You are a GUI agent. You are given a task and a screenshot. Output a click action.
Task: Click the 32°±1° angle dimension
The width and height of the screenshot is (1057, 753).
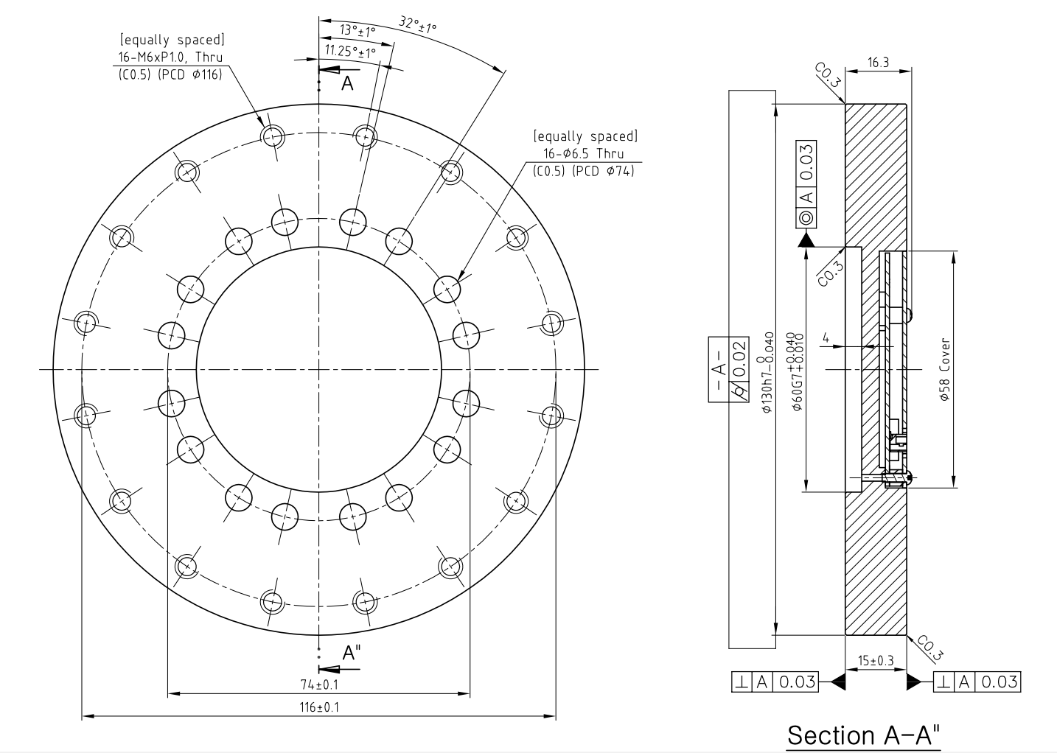pyautogui.click(x=418, y=24)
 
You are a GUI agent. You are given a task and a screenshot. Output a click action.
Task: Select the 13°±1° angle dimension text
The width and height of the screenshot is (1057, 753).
pyautogui.click(x=357, y=31)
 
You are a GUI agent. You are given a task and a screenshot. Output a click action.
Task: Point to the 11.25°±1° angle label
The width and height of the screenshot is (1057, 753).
pyautogui.click(x=350, y=51)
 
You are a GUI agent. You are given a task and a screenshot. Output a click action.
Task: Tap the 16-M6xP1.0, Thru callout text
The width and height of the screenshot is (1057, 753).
pyautogui.click(x=170, y=57)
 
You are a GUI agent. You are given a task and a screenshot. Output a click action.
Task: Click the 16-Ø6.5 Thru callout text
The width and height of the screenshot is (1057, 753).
pyautogui.click(x=584, y=153)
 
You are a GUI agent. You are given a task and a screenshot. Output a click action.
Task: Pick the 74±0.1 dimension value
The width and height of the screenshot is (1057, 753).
pyautogui.click(x=319, y=684)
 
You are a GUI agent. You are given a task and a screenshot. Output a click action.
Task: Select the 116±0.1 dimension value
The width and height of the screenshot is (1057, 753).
pyautogui.click(x=319, y=707)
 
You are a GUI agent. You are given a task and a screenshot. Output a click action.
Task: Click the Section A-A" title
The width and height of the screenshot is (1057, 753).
pyautogui.click(x=864, y=735)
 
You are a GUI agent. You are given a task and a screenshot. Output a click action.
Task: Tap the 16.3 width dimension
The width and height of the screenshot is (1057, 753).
pyautogui.click(x=878, y=63)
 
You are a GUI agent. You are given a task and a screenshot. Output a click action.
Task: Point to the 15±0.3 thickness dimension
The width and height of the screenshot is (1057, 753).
pyautogui.click(x=876, y=660)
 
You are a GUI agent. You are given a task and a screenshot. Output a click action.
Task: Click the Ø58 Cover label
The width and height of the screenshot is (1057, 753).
pyautogui.click(x=944, y=369)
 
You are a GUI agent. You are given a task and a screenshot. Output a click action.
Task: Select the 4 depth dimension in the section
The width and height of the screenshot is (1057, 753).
pyautogui.click(x=826, y=337)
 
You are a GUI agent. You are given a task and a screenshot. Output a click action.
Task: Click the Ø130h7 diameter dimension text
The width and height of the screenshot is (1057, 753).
pyautogui.click(x=768, y=372)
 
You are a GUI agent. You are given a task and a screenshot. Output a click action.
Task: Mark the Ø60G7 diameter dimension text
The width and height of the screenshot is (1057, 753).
pyautogui.click(x=796, y=371)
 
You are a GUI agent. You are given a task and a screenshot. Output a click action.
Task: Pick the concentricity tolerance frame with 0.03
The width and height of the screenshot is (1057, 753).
pyautogui.click(x=806, y=184)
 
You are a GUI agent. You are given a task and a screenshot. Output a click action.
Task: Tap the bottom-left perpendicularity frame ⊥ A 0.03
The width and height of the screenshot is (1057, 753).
pyautogui.click(x=775, y=682)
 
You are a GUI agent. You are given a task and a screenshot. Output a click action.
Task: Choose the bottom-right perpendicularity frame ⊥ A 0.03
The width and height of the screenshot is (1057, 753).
pyautogui.click(x=977, y=682)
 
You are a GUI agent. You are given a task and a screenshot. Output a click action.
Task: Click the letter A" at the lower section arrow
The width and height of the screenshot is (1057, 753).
pyautogui.click(x=351, y=653)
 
